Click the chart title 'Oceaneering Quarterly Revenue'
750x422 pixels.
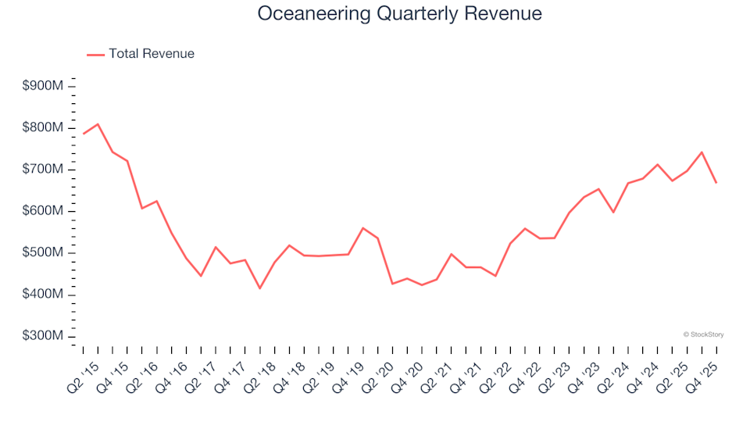pos(399,14)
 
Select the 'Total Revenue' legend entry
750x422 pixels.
pos(151,54)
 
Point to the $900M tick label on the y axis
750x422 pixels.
pos(42,86)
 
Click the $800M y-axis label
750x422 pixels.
pos(42,127)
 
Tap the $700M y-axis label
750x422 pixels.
pos(42,170)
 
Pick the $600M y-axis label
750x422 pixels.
pos(42,211)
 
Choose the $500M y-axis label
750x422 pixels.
pos(42,253)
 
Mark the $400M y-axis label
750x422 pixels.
pos(42,295)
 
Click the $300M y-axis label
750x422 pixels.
pos(42,336)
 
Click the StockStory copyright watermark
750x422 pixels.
pos(703,334)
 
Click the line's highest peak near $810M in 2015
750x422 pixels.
pos(98,123)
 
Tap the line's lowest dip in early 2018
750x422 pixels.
pos(259,288)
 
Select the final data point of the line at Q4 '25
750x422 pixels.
pos(716,183)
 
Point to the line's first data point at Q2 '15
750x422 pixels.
pos(84,134)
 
